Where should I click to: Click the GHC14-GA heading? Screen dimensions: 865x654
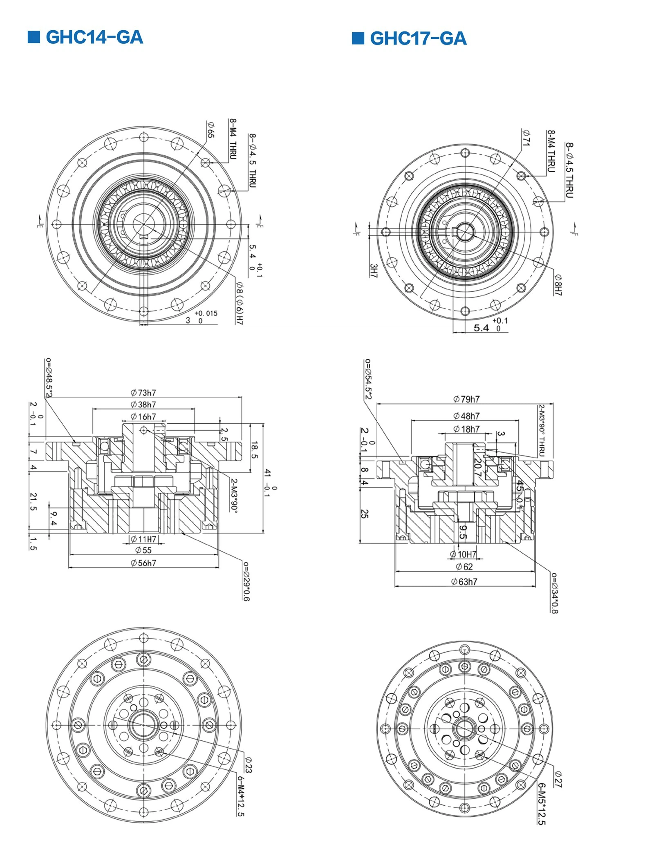pyautogui.click(x=94, y=37)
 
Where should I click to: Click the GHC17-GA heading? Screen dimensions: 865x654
pyautogui.click(x=418, y=38)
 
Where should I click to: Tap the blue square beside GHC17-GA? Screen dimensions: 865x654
pyautogui.click(x=358, y=38)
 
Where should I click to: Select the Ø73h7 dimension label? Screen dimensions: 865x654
pyautogui.click(x=143, y=393)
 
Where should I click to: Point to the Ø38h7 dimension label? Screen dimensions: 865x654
pyautogui.click(x=143, y=405)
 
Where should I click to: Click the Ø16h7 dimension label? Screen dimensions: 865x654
pyautogui.click(x=143, y=417)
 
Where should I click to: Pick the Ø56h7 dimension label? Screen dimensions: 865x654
pyautogui.click(x=143, y=563)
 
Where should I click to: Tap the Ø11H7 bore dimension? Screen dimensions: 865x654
pyautogui.click(x=143, y=539)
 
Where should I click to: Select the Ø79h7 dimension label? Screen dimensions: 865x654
pyautogui.click(x=466, y=399)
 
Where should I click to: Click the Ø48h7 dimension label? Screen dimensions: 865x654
pyautogui.click(x=466, y=416)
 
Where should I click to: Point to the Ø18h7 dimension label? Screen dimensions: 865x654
pyautogui.click(x=466, y=429)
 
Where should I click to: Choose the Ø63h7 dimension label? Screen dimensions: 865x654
pyautogui.click(x=464, y=581)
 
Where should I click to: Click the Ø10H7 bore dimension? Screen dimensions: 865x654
pyautogui.click(x=464, y=554)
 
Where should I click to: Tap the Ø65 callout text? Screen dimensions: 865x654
pyautogui.click(x=210, y=129)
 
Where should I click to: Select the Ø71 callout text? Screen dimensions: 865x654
pyautogui.click(x=526, y=138)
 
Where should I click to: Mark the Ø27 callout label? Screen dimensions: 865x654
pyautogui.click(x=558, y=779)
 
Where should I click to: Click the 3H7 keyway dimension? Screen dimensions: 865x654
pyautogui.click(x=373, y=270)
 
